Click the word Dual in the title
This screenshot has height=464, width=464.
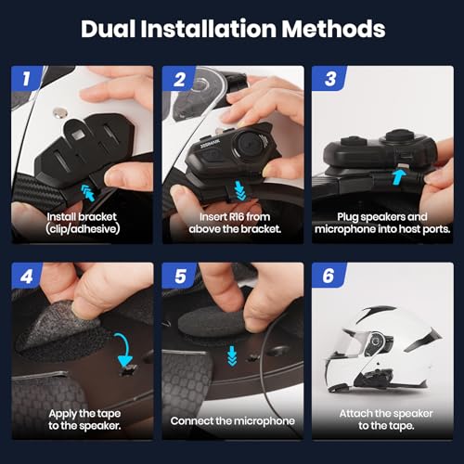tap(108, 29)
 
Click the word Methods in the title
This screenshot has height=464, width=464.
tap(333, 29)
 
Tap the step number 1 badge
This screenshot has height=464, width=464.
tap(27, 78)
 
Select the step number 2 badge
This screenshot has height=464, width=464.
tap(179, 79)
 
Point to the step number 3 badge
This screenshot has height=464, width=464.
tap(329, 79)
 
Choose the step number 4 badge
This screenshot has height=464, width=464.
tap(27, 276)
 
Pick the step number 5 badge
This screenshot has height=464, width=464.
tap(179, 276)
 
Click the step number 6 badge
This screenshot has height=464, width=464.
tap(329, 276)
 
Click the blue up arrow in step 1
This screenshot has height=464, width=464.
tap(88, 192)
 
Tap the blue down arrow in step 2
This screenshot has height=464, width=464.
tap(239, 190)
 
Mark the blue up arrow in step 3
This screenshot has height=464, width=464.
tap(399, 177)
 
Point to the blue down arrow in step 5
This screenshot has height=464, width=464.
tap(232, 355)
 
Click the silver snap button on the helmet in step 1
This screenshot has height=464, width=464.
tap(59, 112)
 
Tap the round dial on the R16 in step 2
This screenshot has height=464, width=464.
tap(250, 143)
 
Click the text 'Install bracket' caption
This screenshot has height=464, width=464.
tap(82, 216)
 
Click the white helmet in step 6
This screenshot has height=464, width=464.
tap(383, 350)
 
